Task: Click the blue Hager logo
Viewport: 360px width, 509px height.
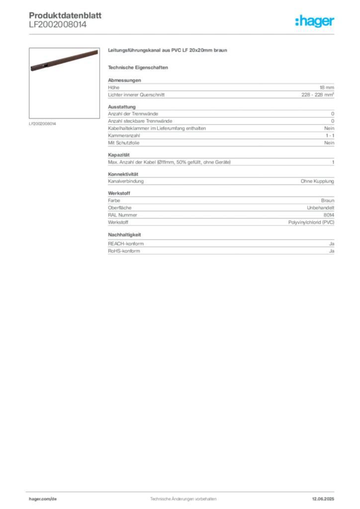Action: [x=315, y=22]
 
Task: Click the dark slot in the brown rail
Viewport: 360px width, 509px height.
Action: [x=46, y=65]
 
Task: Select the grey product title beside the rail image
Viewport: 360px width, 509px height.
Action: [x=169, y=51]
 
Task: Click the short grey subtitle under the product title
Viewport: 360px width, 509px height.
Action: [x=140, y=67]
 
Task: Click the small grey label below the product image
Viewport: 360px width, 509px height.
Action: [x=44, y=123]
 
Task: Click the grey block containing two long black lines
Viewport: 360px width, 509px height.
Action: [x=220, y=126]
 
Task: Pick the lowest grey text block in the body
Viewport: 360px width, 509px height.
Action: [x=220, y=247]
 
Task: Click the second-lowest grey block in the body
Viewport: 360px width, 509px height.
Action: [x=220, y=210]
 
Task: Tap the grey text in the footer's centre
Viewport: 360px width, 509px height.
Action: [x=181, y=497]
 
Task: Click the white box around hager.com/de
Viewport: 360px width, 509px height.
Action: [x=56, y=498]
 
